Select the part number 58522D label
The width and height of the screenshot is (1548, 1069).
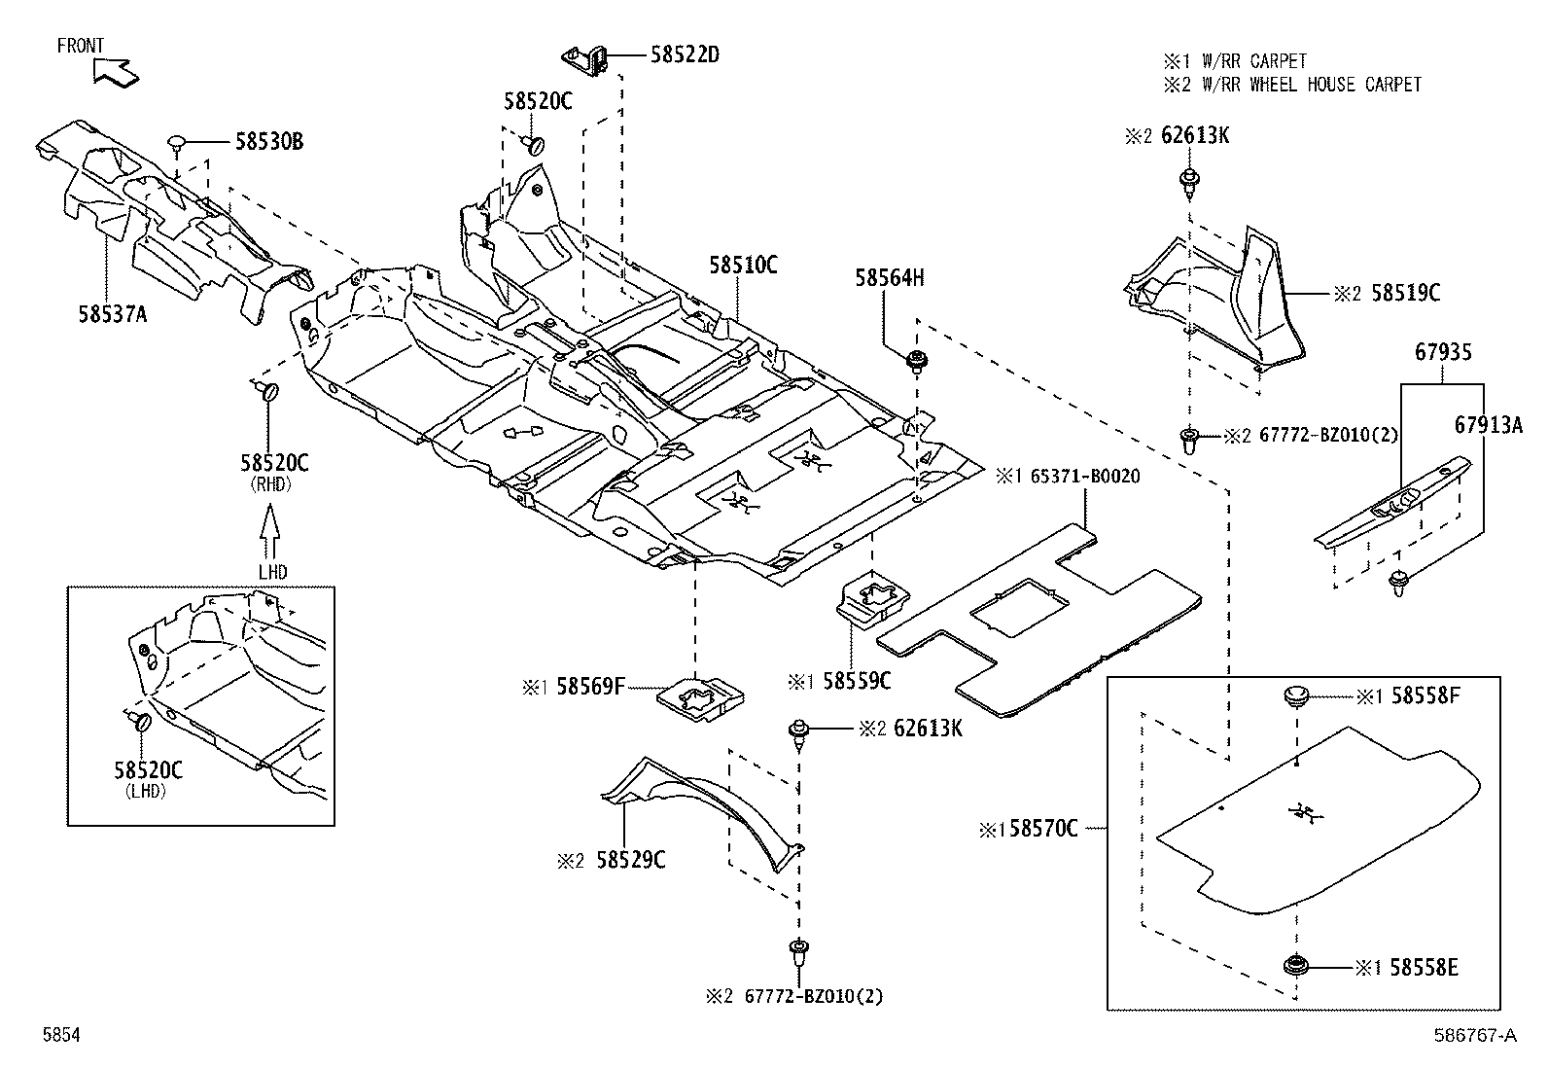click(684, 54)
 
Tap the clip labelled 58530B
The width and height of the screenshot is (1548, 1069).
click(177, 144)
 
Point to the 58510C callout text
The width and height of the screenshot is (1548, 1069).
click(743, 265)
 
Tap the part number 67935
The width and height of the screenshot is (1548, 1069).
click(1442, 352)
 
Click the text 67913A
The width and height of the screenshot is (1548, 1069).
click(1489, 425)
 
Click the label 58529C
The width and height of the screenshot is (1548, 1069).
click(631, 860)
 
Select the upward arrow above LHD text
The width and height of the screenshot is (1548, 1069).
click(270, 530)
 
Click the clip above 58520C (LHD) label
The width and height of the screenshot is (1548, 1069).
click(138, 722)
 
